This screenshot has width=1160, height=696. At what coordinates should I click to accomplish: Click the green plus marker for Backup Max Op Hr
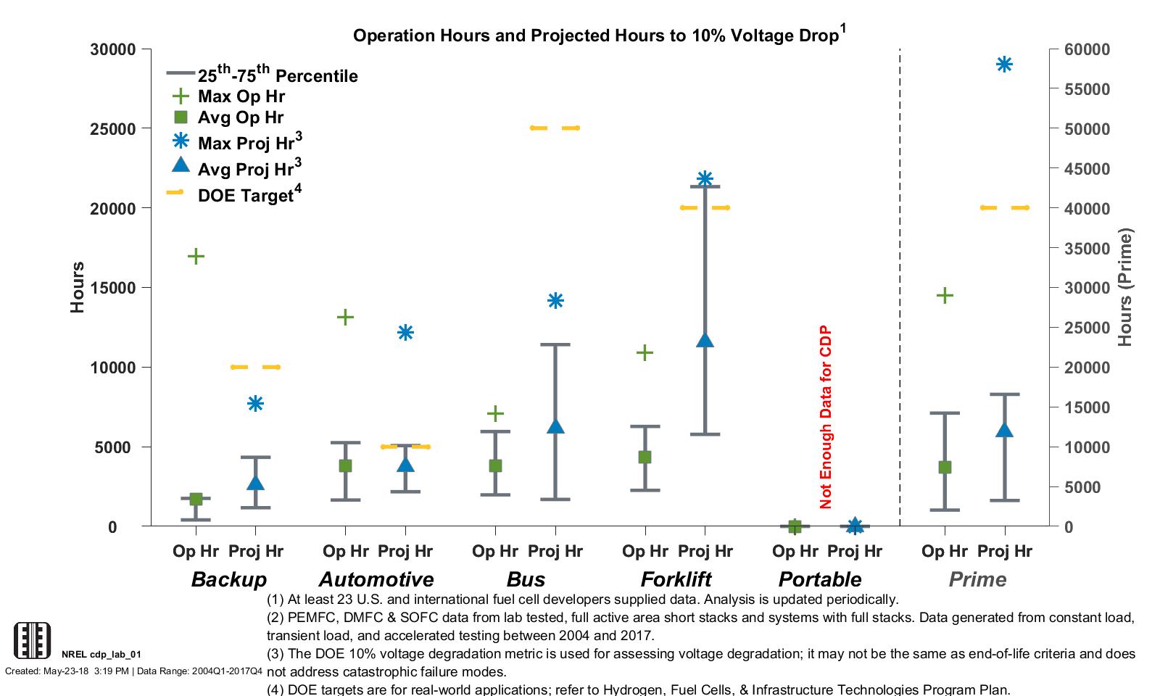[196, 256]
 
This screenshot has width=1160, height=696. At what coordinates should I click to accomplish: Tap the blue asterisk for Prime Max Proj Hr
[1004, 65]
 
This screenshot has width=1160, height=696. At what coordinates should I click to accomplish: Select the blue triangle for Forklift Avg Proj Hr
[705, 340]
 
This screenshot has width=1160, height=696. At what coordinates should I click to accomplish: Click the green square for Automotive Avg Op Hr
[345, 465]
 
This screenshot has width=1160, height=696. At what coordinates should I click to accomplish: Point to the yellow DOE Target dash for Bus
[555, 128]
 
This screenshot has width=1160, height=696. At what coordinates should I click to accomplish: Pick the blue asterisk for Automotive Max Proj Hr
[405, 333]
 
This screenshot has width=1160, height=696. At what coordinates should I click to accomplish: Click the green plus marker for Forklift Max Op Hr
[645, 353]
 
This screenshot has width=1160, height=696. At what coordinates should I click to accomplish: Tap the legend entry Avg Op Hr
[239, 117]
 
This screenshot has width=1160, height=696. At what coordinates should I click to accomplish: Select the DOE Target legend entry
[246, 195]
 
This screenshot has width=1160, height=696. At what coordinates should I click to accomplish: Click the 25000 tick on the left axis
[113, 129]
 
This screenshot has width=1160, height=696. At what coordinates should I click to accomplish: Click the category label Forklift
[676, 579]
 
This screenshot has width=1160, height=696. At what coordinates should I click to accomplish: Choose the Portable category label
[819, 579]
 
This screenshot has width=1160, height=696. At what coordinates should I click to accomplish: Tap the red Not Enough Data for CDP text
[826, 418]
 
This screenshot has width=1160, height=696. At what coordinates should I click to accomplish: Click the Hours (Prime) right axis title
[1124, 288]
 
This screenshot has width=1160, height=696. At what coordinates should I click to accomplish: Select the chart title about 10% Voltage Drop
[599, 36]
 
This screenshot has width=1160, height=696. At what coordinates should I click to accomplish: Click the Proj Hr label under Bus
[555, 551]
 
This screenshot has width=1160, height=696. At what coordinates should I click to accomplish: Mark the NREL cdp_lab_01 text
[101, 654]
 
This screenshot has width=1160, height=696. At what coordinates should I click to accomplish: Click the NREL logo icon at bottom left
[33, 640]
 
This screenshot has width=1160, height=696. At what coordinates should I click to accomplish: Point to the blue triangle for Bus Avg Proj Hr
[555, 426]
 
